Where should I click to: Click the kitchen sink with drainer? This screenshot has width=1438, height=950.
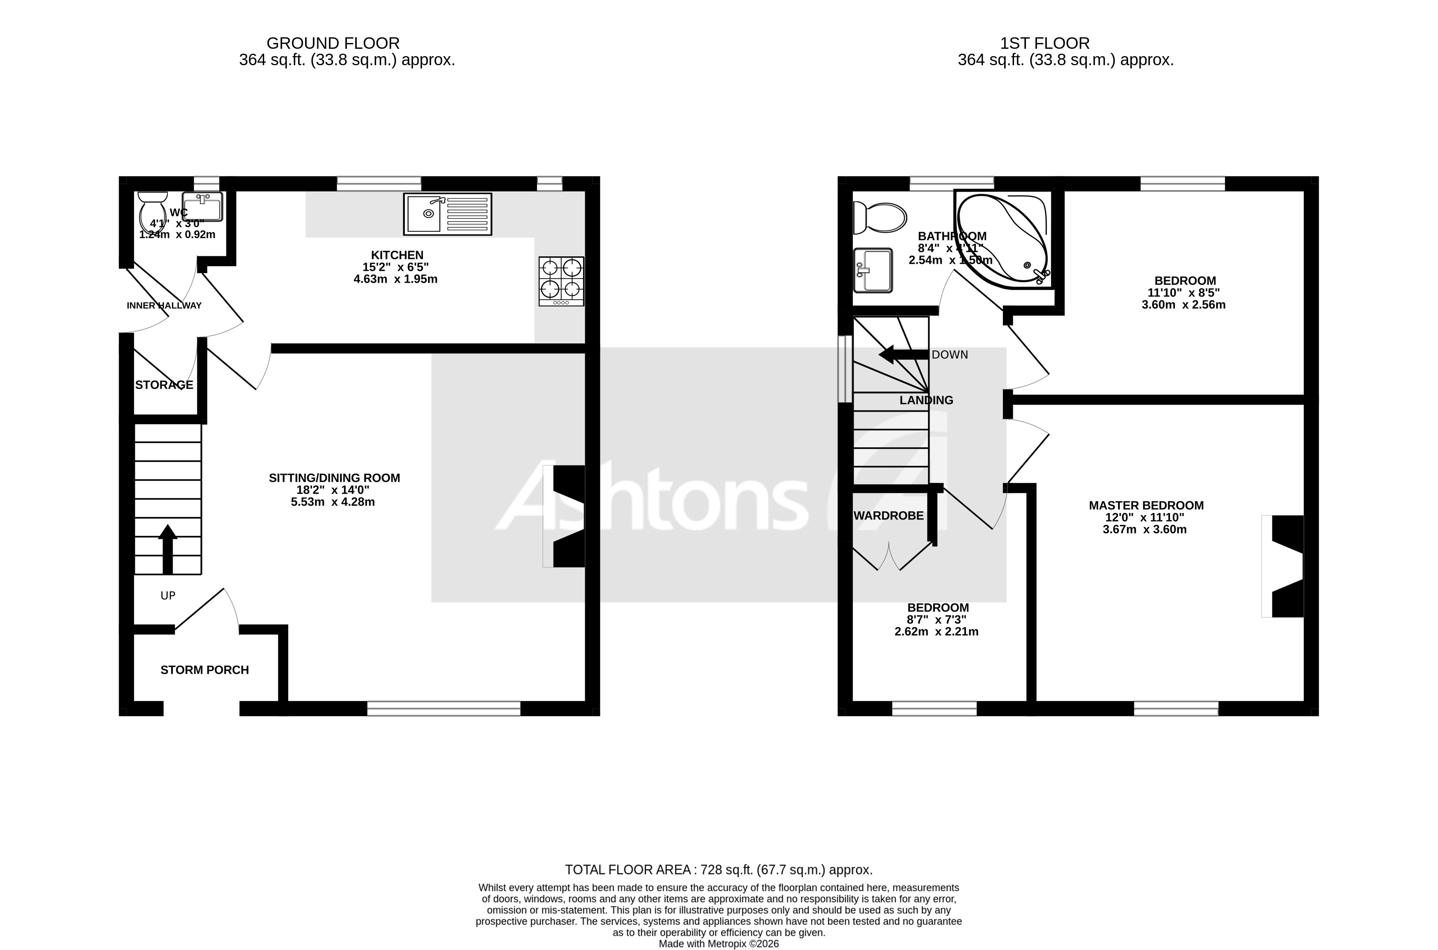pyautogui.click(x=447, y=214)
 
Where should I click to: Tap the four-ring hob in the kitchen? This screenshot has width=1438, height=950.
pyautogui.click(x=561, y=281)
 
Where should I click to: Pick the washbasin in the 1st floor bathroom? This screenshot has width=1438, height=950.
pyautogui.click(x=872, y=270)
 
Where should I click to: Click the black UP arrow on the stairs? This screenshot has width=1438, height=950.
pyautogui.click(x=168, y=548)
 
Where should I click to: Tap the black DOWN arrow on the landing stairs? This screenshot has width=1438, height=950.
pyautogui.click(x=902, y=354)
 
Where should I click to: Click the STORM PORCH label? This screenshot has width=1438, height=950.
pyautogui.click(x=205, y=670)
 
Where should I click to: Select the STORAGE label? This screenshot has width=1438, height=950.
pyautogui.click(x=164, y=385)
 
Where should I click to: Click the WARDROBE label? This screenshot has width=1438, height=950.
pyautogui.click(x=888, y=516)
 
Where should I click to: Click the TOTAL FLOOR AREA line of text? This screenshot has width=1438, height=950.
pyautogui.click(x=718, y=870)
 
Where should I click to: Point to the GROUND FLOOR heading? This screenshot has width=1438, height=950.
pyautogui.click(x=333, y=43)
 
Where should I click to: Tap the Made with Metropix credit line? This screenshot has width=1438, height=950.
pyautogui.click(x=718, y=944)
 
